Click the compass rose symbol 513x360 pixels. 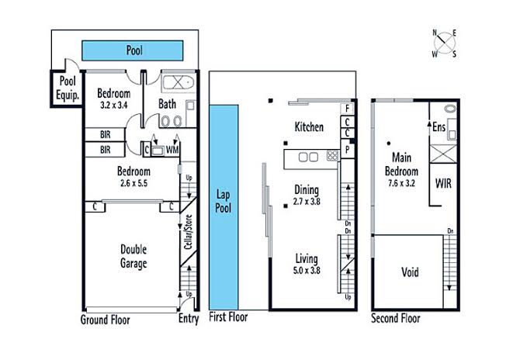[445, 43]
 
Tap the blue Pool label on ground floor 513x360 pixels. [134, 50]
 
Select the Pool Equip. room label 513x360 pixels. [68, 88]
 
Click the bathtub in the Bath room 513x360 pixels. [179, 82]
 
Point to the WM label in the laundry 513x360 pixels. [172, 150]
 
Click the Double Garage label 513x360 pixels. [133, 256]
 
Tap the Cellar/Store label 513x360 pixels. [188, 232]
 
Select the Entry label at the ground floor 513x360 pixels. [189, 318]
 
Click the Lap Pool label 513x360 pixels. [224, 201]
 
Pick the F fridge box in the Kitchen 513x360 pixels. [347, 108]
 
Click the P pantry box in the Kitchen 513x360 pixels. [348, 149]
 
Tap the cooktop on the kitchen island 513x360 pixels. [333, 155]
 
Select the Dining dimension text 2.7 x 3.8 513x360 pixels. [307, 202]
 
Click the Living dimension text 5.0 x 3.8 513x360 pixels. [307, 271]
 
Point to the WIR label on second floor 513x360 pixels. [443, 183]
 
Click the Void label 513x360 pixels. [410, 272]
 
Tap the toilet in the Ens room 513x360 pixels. [450, 109]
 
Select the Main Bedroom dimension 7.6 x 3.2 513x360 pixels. [401, 183]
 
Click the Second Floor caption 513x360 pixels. [396, 318]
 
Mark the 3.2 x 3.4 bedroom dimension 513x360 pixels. [113, 106]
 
